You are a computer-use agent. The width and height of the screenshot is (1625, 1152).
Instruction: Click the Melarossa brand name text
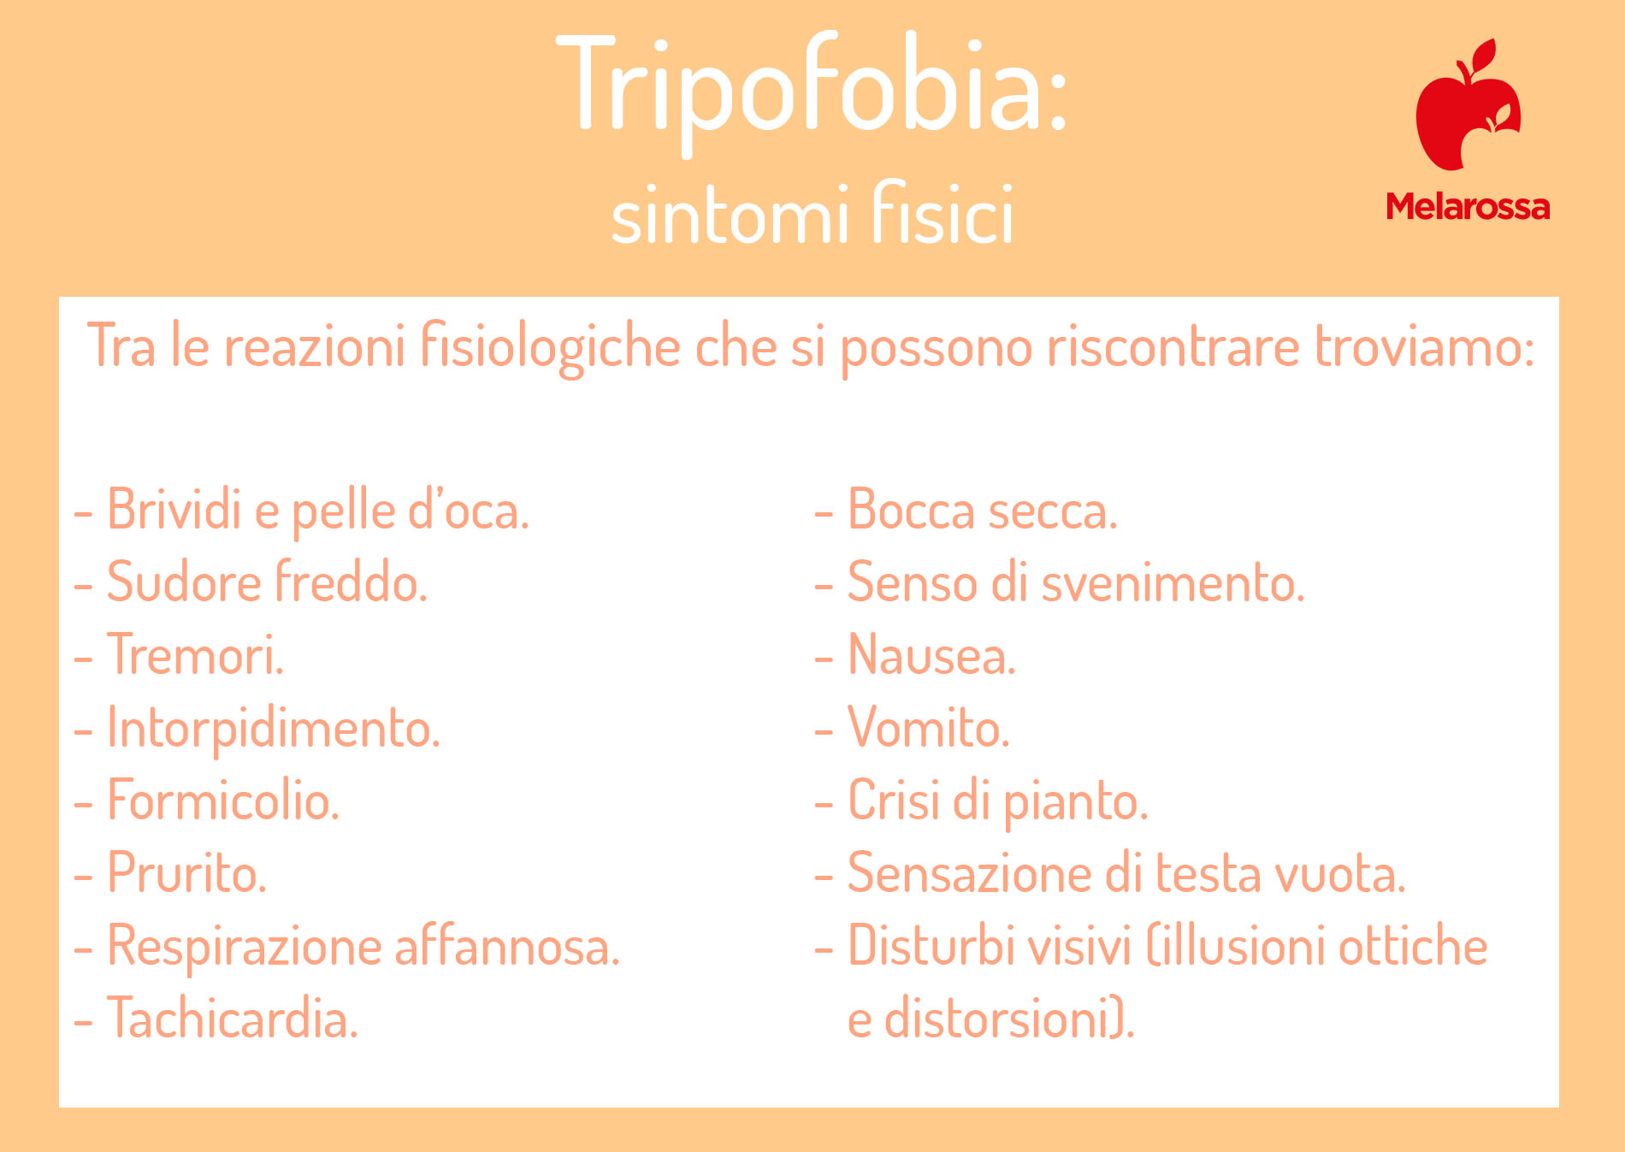point(1468,207)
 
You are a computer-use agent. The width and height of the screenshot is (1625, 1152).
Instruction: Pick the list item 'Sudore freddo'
point(266,582)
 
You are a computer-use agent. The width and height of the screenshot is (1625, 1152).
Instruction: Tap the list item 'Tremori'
point(194,655)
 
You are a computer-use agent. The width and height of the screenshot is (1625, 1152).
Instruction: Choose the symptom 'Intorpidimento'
point(273,728)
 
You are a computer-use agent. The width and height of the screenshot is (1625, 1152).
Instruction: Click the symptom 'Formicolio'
point(222,800)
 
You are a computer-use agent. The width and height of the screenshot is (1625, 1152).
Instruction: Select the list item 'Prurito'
point(186,874)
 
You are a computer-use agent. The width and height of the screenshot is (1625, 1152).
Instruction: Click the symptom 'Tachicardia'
point(232,1019)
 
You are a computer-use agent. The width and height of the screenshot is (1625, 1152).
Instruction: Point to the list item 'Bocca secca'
point(982,510)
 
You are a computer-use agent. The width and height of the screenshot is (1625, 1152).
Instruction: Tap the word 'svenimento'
point(1173,582)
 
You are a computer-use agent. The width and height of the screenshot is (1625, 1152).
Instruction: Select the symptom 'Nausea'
point(931,655)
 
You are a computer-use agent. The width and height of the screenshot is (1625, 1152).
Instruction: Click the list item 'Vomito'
point(928,728)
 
